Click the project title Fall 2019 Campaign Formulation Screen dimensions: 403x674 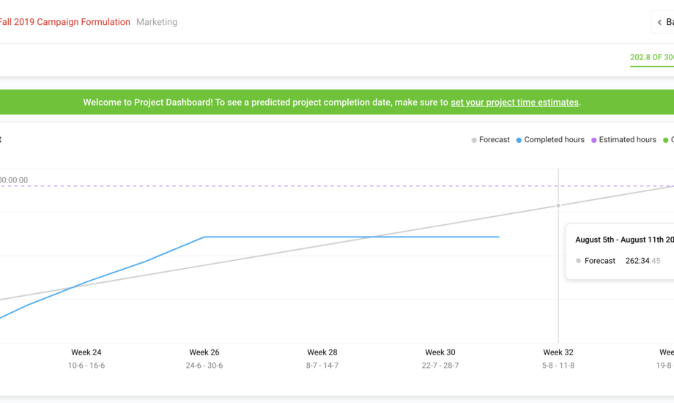point(64,22)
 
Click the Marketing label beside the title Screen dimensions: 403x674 point(157,22)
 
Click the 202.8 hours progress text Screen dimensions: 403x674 point(651,57)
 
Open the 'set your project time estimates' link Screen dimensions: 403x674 point(514,103)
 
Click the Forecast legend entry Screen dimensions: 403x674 point(490,140)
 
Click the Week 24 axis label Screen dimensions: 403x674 point(86,352)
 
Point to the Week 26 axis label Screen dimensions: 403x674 point(204,352)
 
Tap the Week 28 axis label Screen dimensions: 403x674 point(322,352)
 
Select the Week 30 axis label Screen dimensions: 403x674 point(440,352)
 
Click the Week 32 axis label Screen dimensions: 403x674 point(558,352)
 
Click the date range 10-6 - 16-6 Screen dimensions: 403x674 point(86,366)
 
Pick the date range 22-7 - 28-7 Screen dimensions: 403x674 point(440,366)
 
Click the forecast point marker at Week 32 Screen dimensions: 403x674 point(558,205)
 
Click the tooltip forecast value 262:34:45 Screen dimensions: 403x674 point(642,261)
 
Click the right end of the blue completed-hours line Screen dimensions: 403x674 point(499,237)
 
